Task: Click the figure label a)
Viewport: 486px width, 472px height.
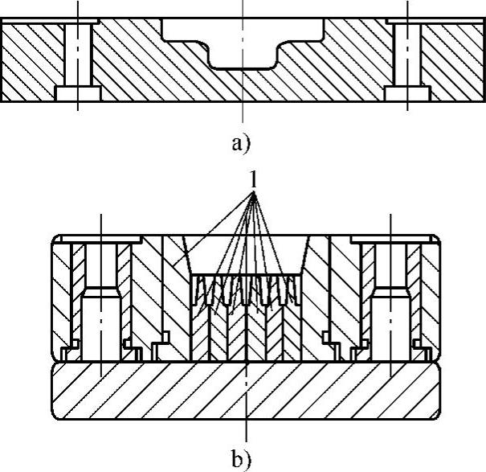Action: click(x=241, y=145)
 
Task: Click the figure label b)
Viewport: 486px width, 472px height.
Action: click(x=241, y=459)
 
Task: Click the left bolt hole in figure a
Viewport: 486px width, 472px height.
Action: click(x=78, y=53)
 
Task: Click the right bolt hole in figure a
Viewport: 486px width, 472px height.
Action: click(x=407, y=53)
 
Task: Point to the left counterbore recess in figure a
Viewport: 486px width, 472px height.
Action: click(x=78, y=94)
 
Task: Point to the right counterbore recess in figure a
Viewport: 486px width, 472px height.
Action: click(x=407, y=94)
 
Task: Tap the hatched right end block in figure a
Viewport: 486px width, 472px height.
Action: click(x=454, y=61)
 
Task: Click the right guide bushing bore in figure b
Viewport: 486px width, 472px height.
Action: click(x=391, y=322)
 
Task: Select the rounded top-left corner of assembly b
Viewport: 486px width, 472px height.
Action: click(x=55, y=239)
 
